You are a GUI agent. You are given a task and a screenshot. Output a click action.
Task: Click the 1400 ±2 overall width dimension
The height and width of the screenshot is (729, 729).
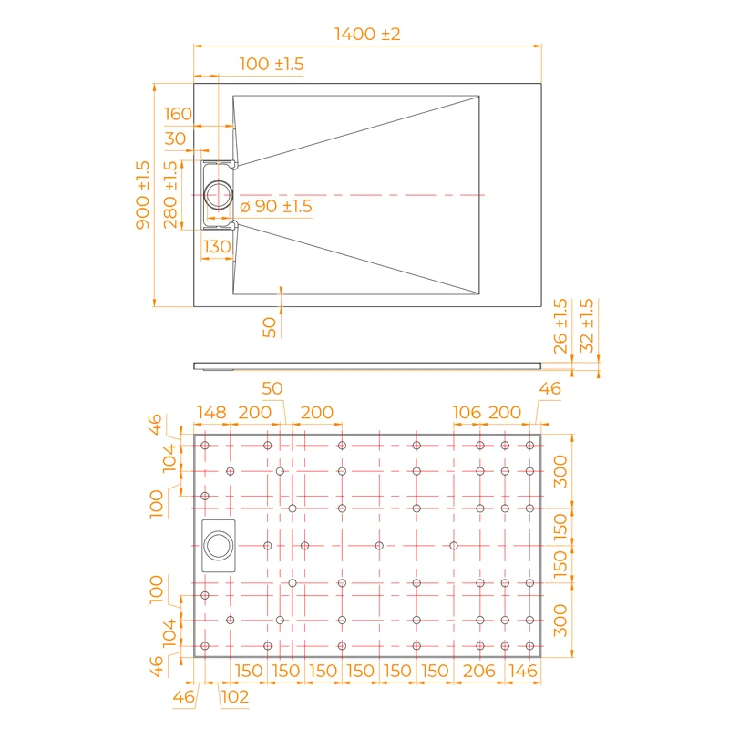[367, 34]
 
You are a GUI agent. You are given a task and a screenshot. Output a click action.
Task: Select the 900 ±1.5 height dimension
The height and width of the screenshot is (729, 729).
[142, 195]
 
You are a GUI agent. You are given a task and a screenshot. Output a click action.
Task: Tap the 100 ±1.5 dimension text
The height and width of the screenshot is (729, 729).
[272, 64]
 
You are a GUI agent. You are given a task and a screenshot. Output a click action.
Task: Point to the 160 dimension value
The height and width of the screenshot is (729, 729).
[179, 114]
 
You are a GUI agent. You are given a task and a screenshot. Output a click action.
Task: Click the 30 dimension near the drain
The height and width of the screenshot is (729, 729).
[175, 139]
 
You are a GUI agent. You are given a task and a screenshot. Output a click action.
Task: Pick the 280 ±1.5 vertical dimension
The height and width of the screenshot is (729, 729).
[169, 195]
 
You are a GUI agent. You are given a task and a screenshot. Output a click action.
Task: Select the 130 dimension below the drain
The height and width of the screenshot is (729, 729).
[217, 246]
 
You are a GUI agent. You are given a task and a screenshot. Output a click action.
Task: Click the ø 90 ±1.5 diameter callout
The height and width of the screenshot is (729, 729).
[276, 207]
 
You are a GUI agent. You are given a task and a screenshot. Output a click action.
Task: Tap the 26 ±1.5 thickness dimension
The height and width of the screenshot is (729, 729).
[560, 325]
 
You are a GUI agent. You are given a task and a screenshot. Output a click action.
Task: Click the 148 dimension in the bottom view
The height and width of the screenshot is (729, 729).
[210, 413]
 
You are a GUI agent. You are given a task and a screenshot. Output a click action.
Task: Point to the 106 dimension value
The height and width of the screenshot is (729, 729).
[466, 413]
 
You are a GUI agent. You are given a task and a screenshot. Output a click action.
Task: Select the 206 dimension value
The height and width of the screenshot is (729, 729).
[478, 671]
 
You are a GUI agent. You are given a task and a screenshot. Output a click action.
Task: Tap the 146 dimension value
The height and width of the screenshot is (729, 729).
[523, 671]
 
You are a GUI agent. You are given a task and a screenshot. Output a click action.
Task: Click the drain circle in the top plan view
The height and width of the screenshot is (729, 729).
[219, 195]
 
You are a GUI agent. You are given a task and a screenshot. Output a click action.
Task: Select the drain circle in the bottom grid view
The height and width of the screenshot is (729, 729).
[218, 546]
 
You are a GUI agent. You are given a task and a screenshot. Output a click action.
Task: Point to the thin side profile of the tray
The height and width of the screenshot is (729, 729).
[364, 365]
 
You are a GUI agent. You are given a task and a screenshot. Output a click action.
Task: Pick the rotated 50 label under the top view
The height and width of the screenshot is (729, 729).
[270, 326]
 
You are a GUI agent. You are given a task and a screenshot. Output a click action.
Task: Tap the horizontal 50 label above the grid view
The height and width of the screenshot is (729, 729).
[272, 388]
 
